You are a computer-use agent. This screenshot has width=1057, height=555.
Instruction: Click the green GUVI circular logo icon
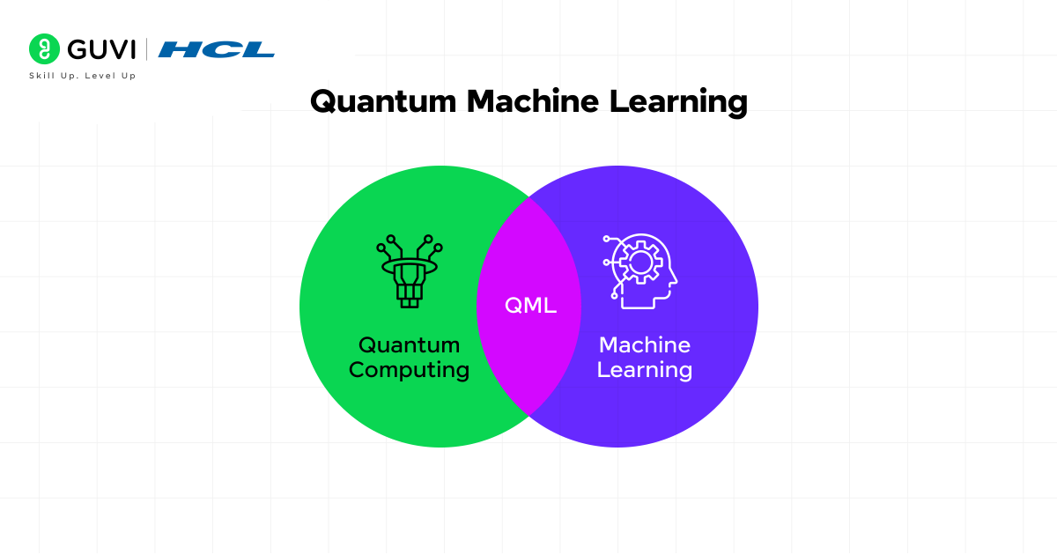click(x=44, y=49)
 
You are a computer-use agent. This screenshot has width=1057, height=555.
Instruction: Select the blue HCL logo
click(x=216, y=49)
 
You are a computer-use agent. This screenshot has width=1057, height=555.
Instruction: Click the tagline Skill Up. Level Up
click(x=82, y=76)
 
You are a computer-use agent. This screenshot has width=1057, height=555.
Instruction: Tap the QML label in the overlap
click(x=530, y=306)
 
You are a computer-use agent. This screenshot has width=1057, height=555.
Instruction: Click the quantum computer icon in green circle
click(x=409, y=271)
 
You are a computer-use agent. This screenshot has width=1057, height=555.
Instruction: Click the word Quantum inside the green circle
click(x=409, y=344)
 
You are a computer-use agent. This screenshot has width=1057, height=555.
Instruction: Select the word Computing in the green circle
click(x=409, y=369)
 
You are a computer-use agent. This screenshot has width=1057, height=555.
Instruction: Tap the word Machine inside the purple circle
click(x=645, y=344)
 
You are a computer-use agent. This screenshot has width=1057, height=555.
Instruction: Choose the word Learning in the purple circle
click(x=645, y=369)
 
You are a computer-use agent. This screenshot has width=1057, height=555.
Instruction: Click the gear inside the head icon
click(x=635, y=262)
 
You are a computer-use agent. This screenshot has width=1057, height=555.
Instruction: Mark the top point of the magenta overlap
click(x=529, y=198)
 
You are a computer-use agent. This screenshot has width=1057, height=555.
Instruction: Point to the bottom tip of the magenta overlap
click(x=529, y=414)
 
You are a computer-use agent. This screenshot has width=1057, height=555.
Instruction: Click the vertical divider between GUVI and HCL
click(x=146, y=49)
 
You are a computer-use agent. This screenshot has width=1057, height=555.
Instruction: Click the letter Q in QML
click(x=514, y=306)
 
